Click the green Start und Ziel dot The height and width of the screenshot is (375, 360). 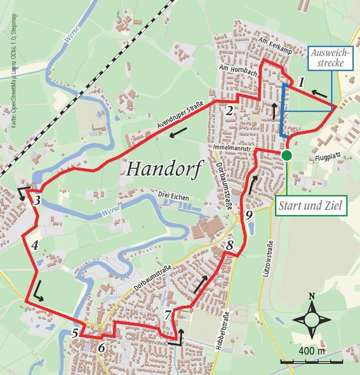pos(287,155)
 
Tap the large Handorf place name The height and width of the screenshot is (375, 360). pos(165,169)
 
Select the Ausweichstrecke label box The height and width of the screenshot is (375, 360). pos(330,58)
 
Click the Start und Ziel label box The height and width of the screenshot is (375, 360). pos(310,205)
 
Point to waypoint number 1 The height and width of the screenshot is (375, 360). pos(301,83)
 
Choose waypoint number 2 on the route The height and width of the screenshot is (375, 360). pos(229,111)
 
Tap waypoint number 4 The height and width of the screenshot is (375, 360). pos(34,246)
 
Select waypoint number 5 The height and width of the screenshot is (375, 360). pos(75,333)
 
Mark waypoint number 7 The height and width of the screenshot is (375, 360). pos(168,315)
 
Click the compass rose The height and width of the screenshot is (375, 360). pos(311,320)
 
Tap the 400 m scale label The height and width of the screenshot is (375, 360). pos(312,350)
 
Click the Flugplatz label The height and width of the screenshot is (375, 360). pos(325,159)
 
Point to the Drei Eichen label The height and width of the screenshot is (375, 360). pos(173,197)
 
